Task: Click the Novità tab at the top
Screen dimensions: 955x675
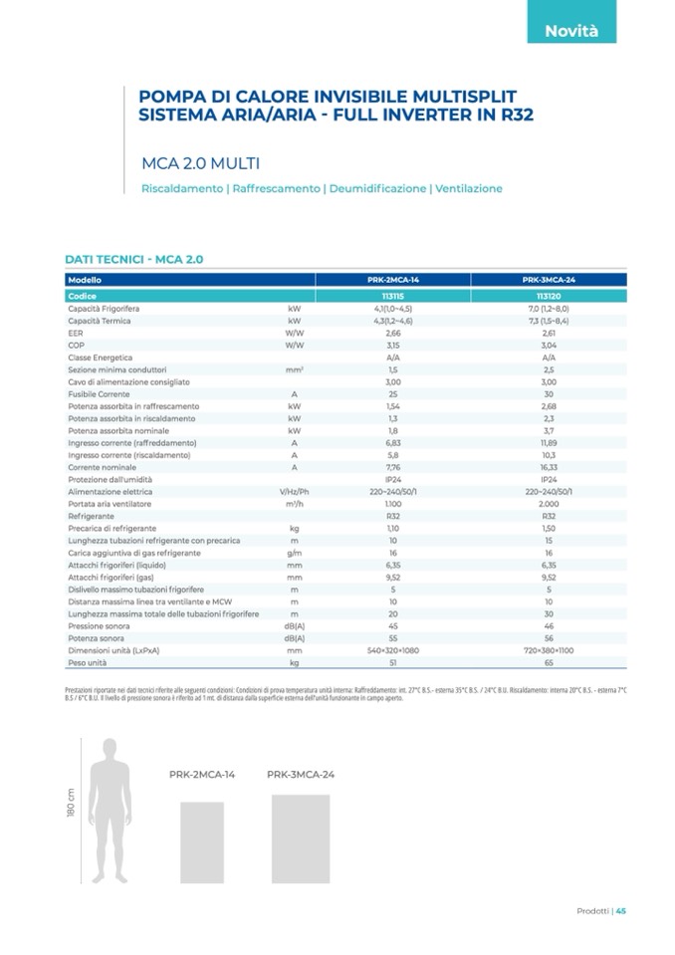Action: point(570,31)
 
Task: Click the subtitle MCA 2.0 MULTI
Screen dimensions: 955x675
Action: point(201,163)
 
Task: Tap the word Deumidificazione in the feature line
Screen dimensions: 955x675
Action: point(376,188)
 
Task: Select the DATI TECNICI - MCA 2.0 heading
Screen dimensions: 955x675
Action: point(133,259)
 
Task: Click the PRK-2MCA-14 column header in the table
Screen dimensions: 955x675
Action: point(392,281)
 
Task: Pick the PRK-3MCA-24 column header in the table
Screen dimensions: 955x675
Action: point(549,281)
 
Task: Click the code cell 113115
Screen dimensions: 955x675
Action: point(392,297)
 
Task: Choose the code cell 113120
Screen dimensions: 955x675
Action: point(549,297)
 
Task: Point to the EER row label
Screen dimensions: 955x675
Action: point(76,334)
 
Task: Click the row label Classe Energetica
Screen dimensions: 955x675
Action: point(100,358)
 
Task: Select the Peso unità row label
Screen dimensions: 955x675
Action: point(87,662)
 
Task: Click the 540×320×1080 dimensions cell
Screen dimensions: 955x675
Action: point(392,650)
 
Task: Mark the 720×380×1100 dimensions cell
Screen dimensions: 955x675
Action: point(549,650)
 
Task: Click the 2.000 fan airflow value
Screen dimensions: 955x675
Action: point(549,505)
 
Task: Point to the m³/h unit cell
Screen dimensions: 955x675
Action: point(294,505)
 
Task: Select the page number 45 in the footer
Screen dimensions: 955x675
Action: point(620,910)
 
